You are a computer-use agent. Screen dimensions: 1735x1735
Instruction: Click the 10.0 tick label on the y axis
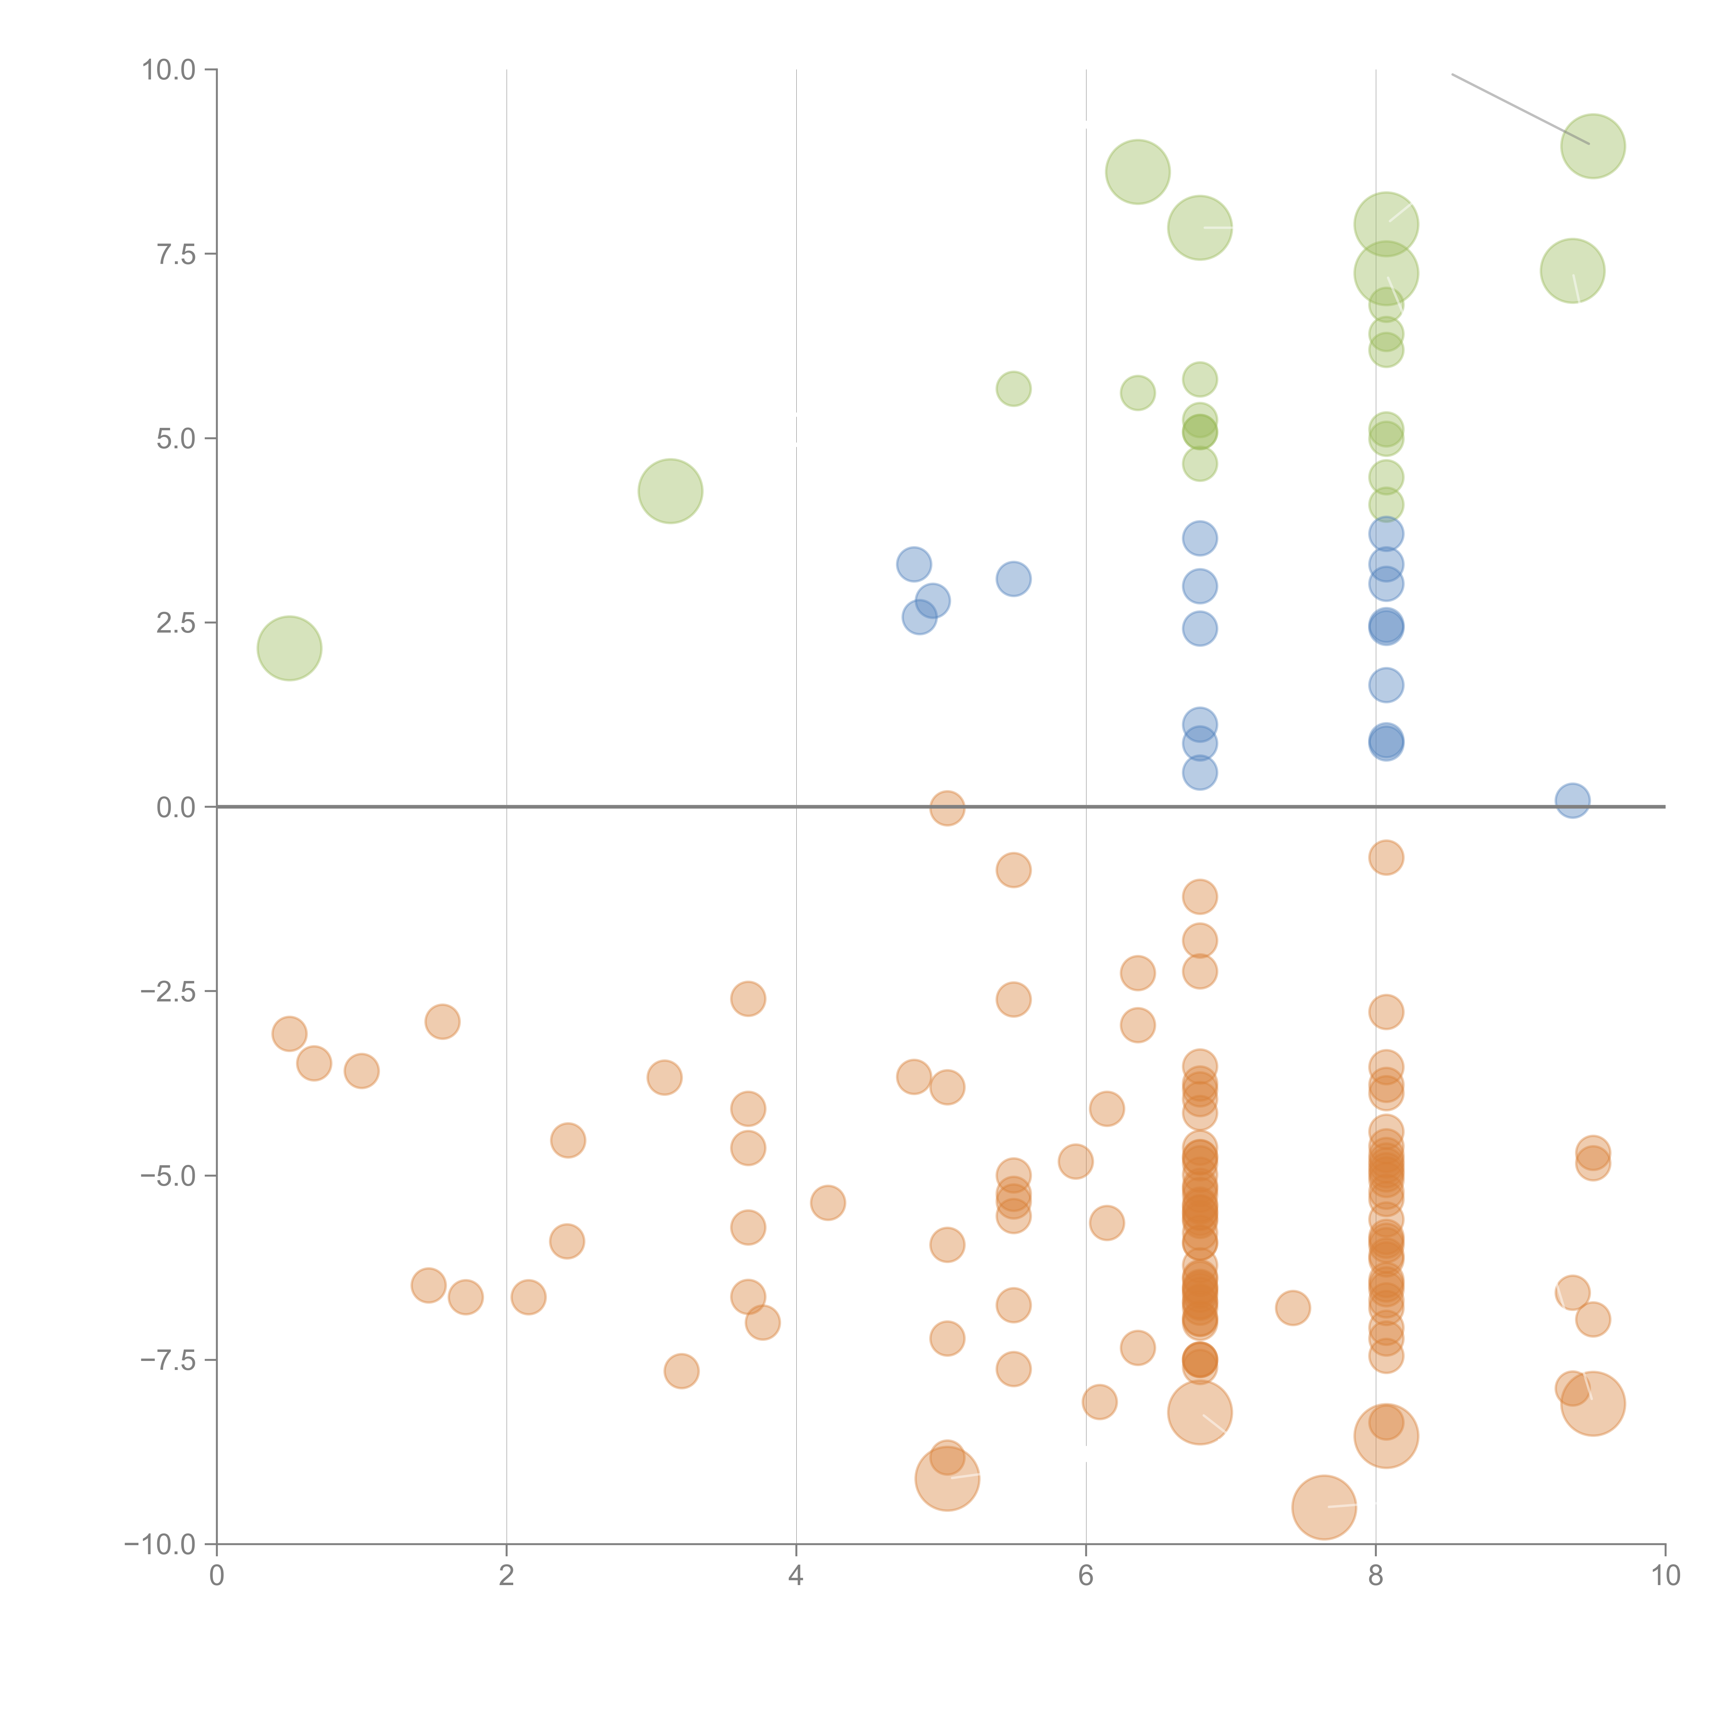point(169,70)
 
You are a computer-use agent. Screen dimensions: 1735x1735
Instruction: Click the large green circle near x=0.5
point(289,649)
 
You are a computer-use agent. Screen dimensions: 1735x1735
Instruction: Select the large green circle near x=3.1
point(670,491)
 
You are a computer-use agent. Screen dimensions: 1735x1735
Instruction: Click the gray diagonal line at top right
point(1518,108)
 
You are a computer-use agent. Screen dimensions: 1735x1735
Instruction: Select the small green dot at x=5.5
point(1013,389)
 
